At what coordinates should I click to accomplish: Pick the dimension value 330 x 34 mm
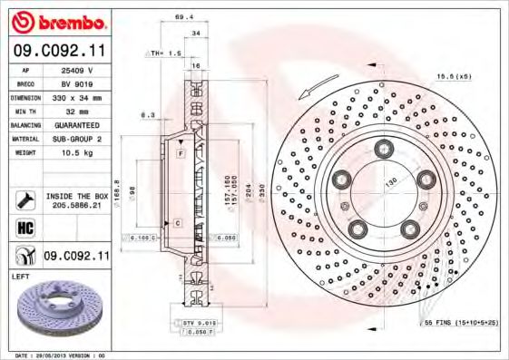pos(76,95)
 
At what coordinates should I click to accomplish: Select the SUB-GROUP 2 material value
pos(76,138)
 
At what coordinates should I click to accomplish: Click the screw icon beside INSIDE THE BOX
pos(24,199)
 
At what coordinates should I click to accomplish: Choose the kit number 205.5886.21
pos(76,206)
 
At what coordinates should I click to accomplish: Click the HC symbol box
pos(24,227)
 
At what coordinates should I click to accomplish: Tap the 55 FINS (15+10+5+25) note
pos(461,322)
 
